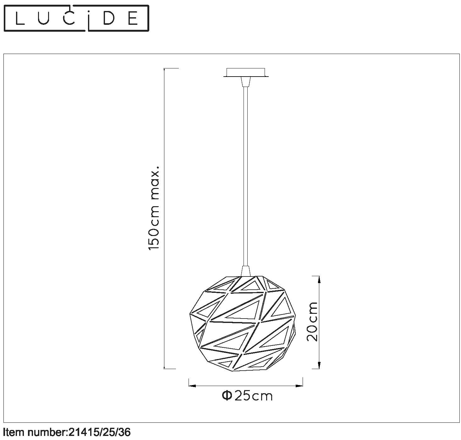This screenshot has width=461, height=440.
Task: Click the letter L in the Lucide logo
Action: click(x=19, y=18)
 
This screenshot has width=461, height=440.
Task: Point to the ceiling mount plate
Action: click(x=246, y=72)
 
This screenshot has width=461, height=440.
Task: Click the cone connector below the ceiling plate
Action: click(x=246, y=82)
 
